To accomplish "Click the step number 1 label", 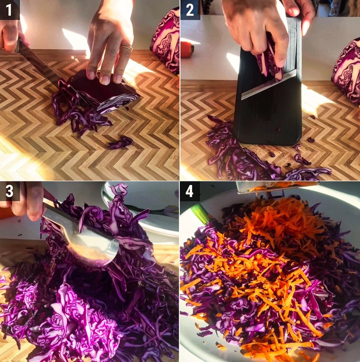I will pyautogui.click(x=9, y=9).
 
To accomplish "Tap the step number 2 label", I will pyautogui.click(x=190, y=9).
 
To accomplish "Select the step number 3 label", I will pyautogui.click(x=9, y=191).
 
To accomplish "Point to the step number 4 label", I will pyautogui.click(x=190, y=191).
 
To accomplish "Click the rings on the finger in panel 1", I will pyautogui.click(x=127, y=47).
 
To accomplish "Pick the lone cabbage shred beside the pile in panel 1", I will pyautogui.click(x=121, y=143).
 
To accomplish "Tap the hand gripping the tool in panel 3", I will pyautogui.click(x=27, y=203).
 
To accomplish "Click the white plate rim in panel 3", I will pyautogui.click(x=144, y=225).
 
